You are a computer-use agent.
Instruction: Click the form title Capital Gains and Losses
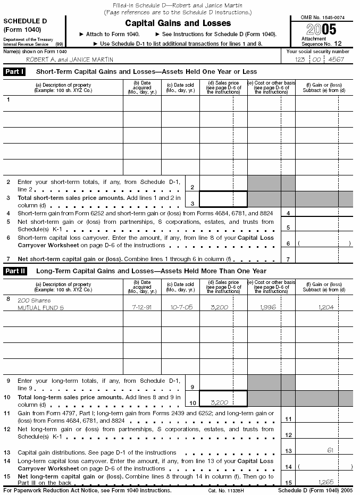pos(178,23)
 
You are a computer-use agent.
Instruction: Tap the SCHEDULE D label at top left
pos(25,21)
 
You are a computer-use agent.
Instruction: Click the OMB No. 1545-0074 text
pos(323,18)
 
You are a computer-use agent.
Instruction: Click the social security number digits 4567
pos(336,60)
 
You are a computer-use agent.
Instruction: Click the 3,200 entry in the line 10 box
pos(219,402)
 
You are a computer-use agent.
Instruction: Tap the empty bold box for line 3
pos(223,199)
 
